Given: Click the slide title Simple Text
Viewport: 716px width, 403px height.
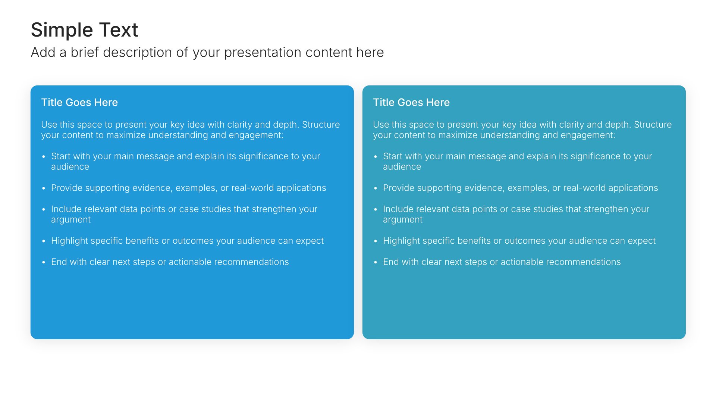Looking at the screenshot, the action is [x=84, y=30].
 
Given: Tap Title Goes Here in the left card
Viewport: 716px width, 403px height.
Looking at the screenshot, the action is [x=79, y=102].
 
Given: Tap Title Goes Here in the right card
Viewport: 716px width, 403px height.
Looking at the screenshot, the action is [x=411, y=102].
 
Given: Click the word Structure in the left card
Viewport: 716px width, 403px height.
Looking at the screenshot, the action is [x=321, y=125].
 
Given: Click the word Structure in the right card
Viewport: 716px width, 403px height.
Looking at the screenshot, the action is [x=653, y=125].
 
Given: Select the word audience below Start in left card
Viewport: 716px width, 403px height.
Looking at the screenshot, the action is [x=70, y=167].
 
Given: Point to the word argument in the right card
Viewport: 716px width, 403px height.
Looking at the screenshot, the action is [x=403, y=220].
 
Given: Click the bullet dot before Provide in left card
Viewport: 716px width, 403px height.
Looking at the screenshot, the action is [x=44, y=188].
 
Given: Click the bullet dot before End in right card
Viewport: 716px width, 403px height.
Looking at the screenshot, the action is [x=376, y=262].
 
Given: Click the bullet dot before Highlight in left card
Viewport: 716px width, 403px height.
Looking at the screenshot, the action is [x=44, y=241].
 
